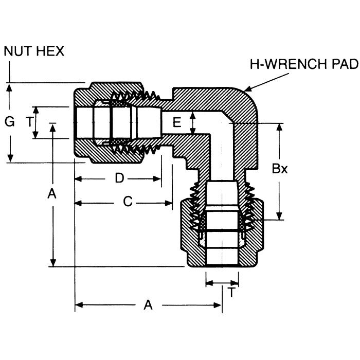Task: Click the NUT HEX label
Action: (x=34, y=51)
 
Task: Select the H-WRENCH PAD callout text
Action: (x=303, y=64)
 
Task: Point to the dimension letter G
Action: (x=9, y=122)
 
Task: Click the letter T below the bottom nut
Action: (x=232, y=293)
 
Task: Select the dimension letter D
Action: (x=119, y=178)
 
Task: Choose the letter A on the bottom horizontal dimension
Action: (x=148, y=305)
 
